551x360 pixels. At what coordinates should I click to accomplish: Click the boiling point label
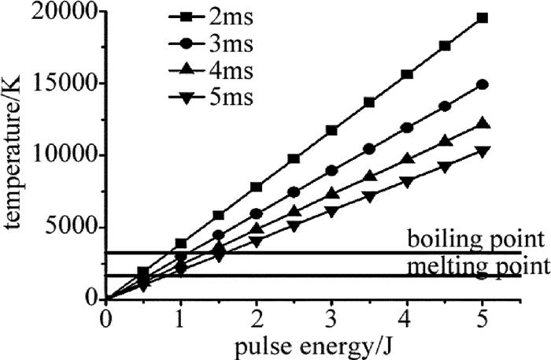coord(475,238)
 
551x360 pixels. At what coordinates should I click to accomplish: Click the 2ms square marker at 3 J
coord(331,130)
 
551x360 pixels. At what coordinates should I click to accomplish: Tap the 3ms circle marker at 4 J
coord(407,127)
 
